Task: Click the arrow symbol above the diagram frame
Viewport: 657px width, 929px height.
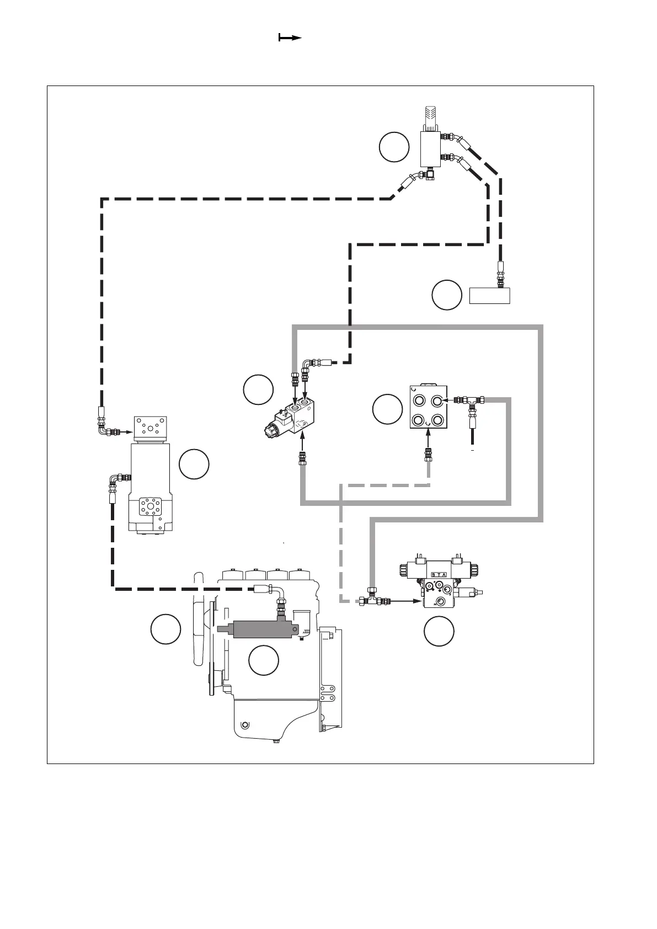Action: (x=290, y=38)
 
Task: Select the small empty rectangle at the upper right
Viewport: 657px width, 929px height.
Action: (x=489, y=295)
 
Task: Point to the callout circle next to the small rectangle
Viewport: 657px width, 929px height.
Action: (x=446, y=295)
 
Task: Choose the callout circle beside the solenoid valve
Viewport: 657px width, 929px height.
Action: (x=258, y=389)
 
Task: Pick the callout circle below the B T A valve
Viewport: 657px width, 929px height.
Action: (x=439, y=631)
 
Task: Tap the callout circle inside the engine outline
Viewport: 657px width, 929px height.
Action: (x=263, y=660)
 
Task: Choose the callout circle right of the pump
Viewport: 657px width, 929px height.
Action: (x=194, y=464)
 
